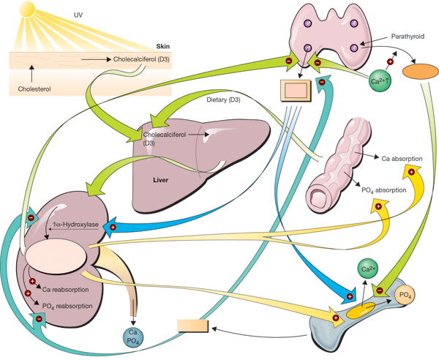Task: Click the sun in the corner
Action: [x=27, y=8]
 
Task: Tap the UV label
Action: [x=78, y=15]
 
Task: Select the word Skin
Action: [x=162, y=47]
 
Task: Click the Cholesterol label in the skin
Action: [x=34, y=89]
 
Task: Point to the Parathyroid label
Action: [x=408, y=37]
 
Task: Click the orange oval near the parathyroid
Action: [x=420, y=71]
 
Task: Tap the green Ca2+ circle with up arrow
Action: [x=380, y=81]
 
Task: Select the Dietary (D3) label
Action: [x=223, y=100]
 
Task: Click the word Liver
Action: [x=160, y=180]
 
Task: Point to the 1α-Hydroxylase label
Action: [x=75, y=225]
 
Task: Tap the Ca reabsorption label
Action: [x=65, y=290]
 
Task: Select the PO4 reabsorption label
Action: [x=67, y=307]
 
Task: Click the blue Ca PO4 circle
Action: [x=133, y=337]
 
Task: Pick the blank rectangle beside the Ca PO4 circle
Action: [x=193, y=326]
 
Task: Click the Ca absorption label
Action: [x=402, y=159]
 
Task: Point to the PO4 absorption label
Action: [x=384, y=190]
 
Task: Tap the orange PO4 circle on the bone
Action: [x=405, y=295]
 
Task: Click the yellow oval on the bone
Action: [x=361, y=310]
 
